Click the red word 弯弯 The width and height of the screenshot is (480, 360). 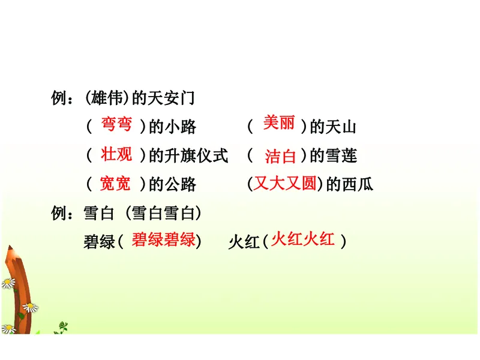pos(116,124)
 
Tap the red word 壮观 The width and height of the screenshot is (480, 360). pos(116,154)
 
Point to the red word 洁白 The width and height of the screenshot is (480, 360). pos(280,157)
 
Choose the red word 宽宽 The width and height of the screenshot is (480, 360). pos(115,184)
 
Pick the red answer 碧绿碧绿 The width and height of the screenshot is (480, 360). pos(163,240)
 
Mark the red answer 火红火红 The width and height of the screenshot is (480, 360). pos(302,240)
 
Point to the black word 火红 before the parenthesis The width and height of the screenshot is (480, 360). pos(244,242)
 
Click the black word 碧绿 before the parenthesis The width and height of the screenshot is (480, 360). pos(99,242)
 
